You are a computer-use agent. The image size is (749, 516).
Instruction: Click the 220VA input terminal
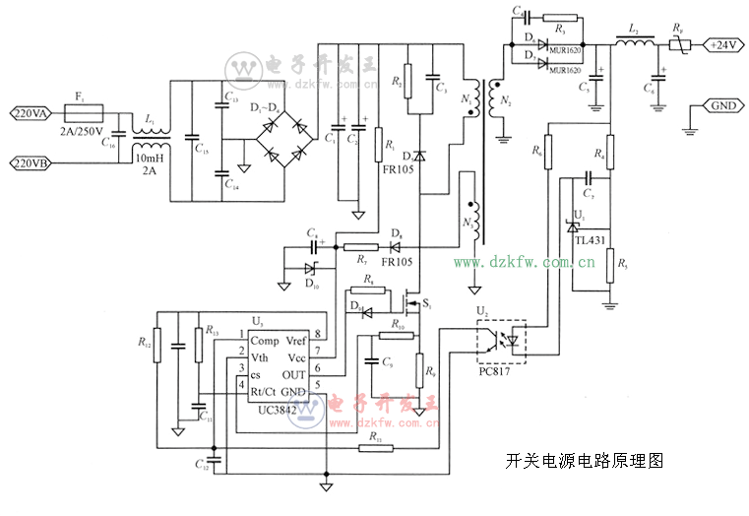point(33,113)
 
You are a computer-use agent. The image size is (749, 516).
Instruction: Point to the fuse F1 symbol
point(81,113)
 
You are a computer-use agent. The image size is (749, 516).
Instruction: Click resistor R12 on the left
point(157,346)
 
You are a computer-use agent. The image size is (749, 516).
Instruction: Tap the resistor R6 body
point(547,152)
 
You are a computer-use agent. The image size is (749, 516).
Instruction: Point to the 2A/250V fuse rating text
point(81,130)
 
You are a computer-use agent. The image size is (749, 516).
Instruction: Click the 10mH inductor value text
point(150,157)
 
